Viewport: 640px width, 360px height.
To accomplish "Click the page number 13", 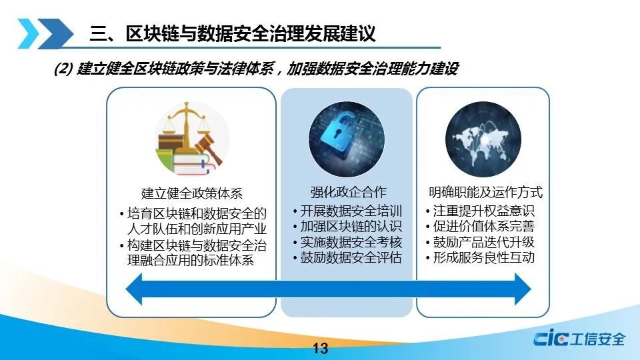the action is [321, 348].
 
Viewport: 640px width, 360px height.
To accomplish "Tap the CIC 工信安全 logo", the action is [579, 338].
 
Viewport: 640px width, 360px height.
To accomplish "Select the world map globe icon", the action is [483, 139].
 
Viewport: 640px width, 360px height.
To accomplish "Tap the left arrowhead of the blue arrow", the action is [134, 289].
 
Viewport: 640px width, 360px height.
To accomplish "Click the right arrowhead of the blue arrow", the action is [523, 289].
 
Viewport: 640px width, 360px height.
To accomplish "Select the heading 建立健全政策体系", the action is [191, 193].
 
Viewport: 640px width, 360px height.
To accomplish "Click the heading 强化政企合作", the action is [348, 192].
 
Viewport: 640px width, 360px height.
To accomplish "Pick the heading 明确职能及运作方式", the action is [486, 192].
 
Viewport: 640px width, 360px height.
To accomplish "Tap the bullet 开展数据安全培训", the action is [348, 211].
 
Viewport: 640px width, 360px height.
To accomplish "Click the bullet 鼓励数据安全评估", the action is [348, 257].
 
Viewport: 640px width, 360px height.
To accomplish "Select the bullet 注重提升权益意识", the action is [481, 211].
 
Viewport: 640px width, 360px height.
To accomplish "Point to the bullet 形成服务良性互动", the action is [481, 257].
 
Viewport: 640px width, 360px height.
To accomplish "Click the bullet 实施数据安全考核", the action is [348, 242].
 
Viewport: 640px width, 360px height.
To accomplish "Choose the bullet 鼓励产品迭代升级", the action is [481, 242].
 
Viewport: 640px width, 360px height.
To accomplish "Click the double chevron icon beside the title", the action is [45, 33].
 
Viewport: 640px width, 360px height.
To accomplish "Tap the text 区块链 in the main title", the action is [152, 33].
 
